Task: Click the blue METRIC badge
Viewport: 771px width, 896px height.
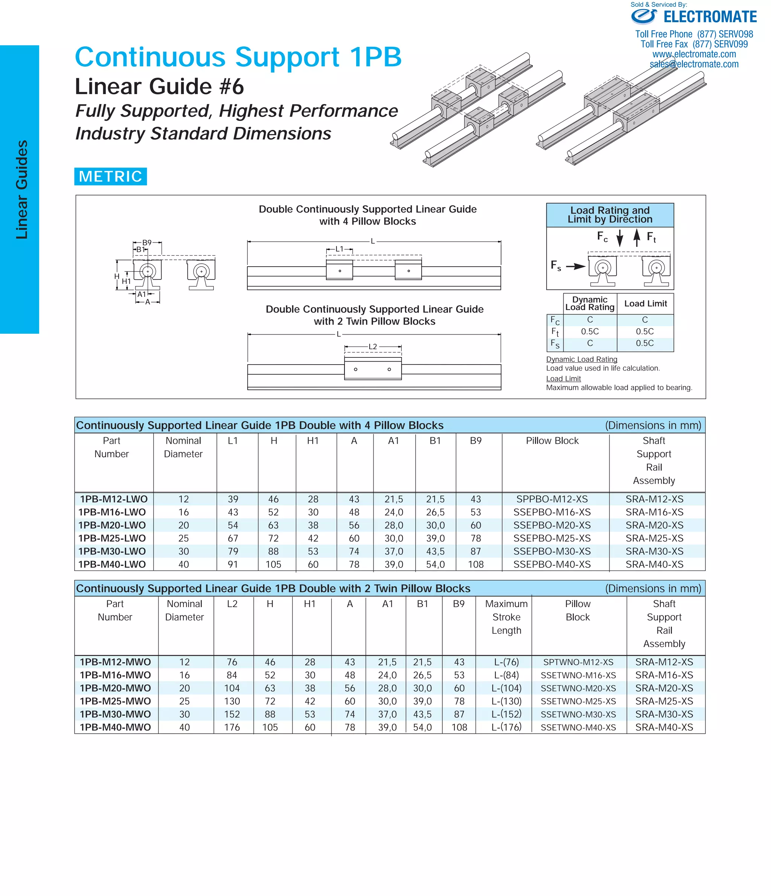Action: [x=110, y=176]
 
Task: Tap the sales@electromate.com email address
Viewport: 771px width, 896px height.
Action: [x=694, y=64]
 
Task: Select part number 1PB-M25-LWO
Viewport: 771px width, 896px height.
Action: [x=112, y=538]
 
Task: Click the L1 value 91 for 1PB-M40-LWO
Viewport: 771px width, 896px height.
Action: [x=233, y=564]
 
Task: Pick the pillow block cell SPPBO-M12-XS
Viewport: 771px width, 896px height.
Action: [x=552, y=499]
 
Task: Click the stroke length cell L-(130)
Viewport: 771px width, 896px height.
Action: [x=506, y=701]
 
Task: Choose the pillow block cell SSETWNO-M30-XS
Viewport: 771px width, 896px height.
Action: [x=578, y=714]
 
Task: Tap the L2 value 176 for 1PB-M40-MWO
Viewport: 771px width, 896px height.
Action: [x=232, y=727]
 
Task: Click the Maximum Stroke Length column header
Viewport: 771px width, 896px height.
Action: [x=506, y=617]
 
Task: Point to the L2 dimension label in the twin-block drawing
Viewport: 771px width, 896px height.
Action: [x=373, y=347]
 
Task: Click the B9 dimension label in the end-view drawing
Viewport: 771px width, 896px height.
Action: [x=147, y=243]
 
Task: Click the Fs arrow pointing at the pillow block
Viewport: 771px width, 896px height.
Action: [x=575, y=266]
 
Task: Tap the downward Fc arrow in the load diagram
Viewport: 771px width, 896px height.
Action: [x=620, y=238]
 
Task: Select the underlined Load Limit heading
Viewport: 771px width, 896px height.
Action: [x=563, y=379]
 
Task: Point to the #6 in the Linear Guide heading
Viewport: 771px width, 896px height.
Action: [x=232, y=87]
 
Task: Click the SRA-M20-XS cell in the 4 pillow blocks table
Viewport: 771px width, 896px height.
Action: [x=654, y=525]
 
